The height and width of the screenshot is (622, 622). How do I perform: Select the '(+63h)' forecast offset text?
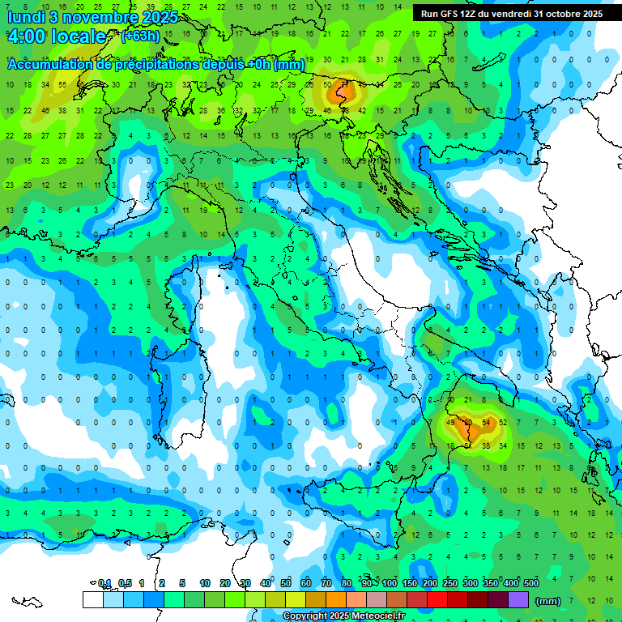140,36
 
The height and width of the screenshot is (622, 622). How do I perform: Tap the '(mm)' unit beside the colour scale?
548,601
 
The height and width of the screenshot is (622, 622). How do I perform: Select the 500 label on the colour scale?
530,583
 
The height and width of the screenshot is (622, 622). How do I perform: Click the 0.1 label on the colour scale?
104,583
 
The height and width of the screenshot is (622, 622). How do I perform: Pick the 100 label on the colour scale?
390,583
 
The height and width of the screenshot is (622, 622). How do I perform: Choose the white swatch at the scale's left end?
92,600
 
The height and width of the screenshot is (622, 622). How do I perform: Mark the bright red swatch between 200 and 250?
437,600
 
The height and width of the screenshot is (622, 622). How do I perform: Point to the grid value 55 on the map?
62,84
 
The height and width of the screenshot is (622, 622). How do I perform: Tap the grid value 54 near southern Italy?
487,423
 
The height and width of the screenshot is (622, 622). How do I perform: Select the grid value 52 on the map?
504,423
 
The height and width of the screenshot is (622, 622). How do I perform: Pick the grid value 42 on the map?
362,110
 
